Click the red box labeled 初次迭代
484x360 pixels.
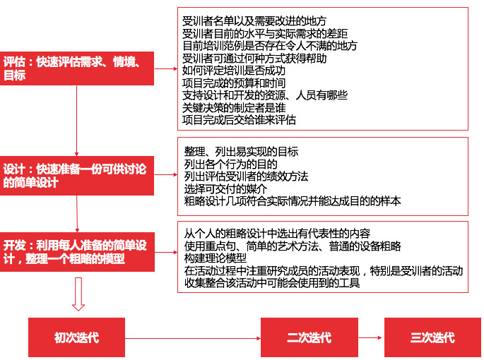click(76, 337)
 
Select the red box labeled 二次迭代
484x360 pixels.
click(309, 337)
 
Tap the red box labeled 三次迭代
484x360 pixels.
click(432, 337)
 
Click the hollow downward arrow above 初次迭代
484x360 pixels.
click(78, 294)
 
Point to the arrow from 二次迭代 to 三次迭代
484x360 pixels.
click(370, 338)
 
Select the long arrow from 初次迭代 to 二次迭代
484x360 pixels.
click(193, 338)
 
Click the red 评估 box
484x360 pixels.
click(77, 68)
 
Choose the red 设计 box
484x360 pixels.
click(77, 176)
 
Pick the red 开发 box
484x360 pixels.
click(77, 252)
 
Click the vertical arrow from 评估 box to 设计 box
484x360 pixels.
click(76, 121)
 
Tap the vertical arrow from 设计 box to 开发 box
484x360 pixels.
click(77, 214)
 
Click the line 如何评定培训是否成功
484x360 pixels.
click(234, 71)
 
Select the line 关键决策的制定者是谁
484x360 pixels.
click(234, 108)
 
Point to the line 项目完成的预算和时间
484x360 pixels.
click(234, 83)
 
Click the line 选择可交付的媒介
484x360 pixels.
click(225, 188)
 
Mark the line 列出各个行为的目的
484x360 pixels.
click(230, 164)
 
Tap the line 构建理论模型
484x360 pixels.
click(216, 258)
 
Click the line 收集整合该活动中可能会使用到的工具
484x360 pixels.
click(272, 282)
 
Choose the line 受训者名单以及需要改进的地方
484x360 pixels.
click(254, 21)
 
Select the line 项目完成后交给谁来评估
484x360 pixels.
click(239, 120)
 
